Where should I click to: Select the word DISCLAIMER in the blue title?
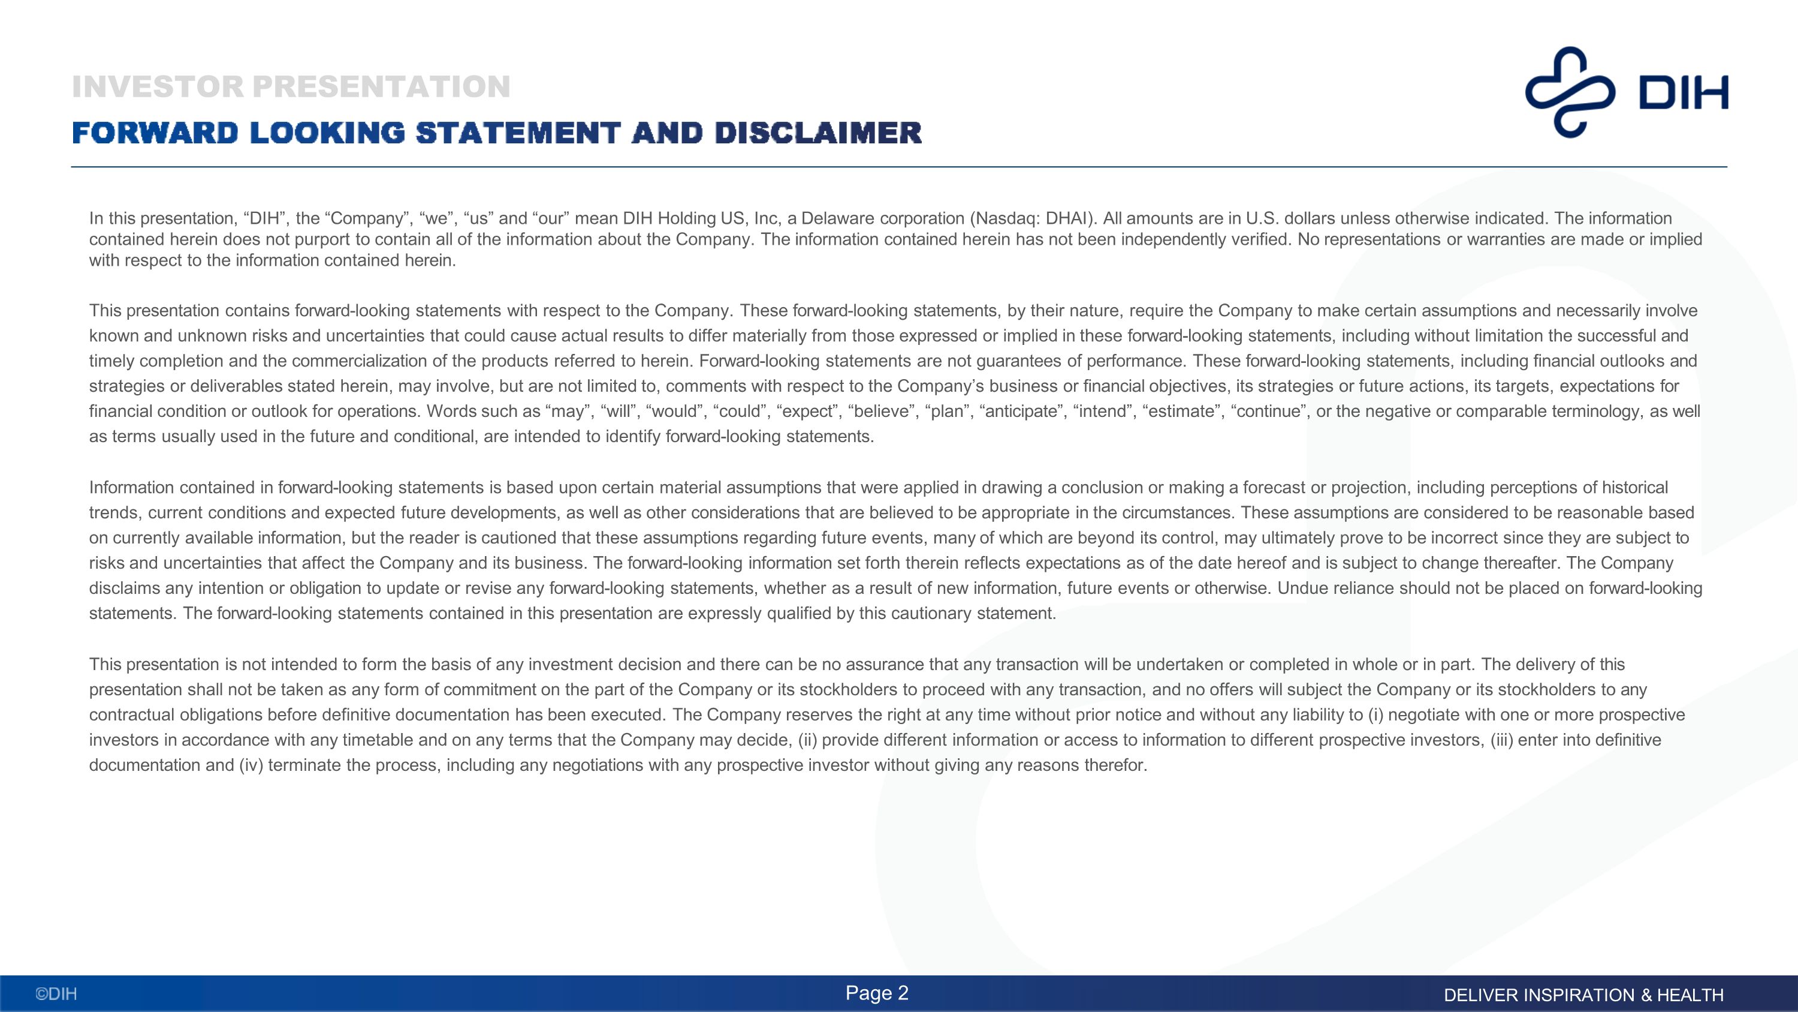pyautogui.click(x=817, y=133)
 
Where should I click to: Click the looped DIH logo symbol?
pyautogui.click(x=1570, y=92)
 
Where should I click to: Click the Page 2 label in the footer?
pyautogui.click(x=877, y=993)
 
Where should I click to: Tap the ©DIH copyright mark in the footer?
pyautogui.click(x=56, y=994)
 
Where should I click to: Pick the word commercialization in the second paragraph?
pyautogui.click(x=369, y=361)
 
